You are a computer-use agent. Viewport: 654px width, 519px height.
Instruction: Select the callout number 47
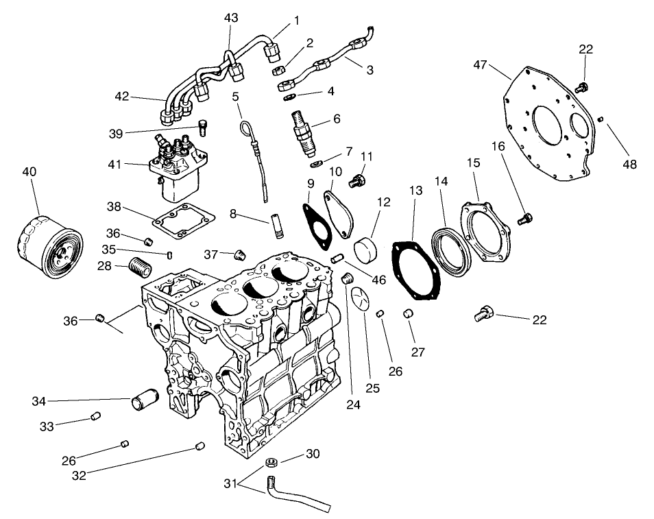480,65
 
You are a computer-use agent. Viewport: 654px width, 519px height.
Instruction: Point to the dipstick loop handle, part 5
247,128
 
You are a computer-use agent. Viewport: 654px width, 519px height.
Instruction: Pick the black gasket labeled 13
415,271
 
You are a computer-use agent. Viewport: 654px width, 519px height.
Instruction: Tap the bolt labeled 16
526,219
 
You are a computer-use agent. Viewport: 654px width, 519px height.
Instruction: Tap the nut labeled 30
271,462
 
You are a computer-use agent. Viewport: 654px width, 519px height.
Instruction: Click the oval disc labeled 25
360,301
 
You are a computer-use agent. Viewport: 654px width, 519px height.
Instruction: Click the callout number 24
353,404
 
